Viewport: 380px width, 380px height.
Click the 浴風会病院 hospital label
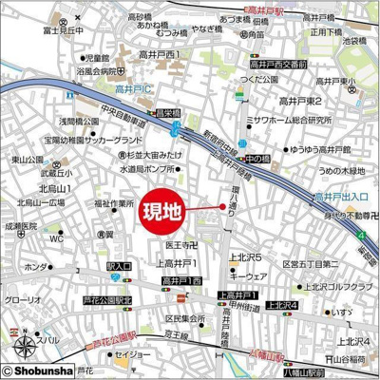tap(94, 70)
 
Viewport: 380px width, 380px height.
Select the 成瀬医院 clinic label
tap(20, 227)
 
